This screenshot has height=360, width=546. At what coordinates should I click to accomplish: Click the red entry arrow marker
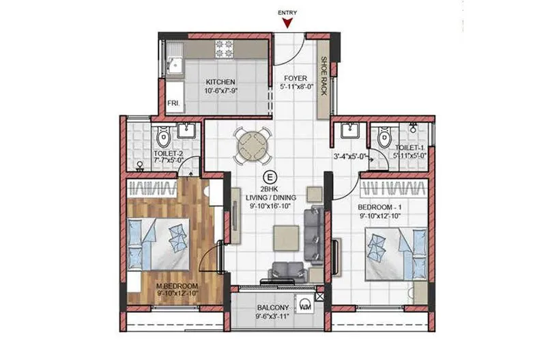click(289, 25)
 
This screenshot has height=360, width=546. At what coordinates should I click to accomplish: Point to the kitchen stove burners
click(225, 49)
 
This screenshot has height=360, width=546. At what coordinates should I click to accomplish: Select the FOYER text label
click(296, 78)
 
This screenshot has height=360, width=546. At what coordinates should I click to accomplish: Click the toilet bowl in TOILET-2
click(164, 139)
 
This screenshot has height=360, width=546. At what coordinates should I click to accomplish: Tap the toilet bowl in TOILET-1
click(384, 139)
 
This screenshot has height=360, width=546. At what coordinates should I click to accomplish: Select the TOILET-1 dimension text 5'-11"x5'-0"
click(409, 155)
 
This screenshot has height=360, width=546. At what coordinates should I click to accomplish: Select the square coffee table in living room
click(285, 236)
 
